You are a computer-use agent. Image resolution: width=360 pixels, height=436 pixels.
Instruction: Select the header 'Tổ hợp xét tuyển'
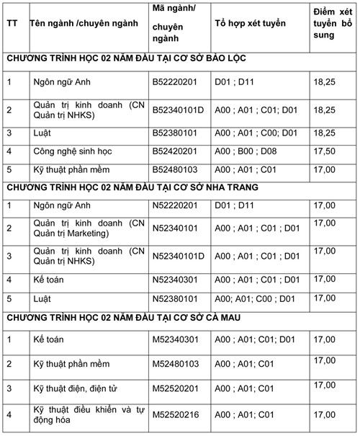[x=250, y=23]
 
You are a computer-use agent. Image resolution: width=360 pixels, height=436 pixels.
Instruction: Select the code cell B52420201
[x=174, y=151]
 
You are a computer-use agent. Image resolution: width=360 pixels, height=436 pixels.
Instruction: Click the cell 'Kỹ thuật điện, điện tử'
[x=76, y=389]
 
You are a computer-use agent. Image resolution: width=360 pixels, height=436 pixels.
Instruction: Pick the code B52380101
[x=174, y=133]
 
